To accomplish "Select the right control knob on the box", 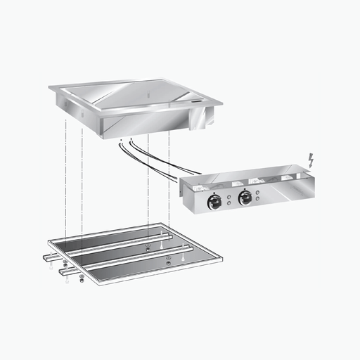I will [245, 198].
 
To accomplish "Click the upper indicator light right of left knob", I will [229, 193].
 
